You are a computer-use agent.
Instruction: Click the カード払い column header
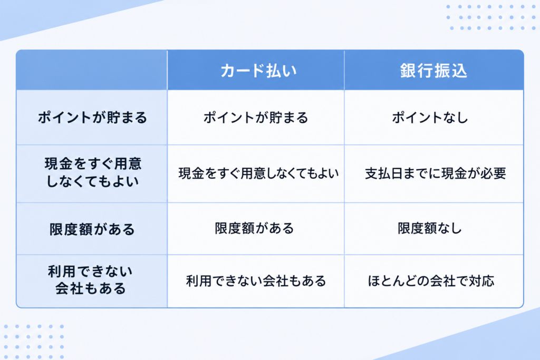click(x=258, y=71)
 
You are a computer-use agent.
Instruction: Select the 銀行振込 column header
click(x=433, y=71)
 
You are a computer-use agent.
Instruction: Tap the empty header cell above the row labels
click(x=92, y=70)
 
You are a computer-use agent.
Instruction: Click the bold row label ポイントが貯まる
click(x=92, y=118)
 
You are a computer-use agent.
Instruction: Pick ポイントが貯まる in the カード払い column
click(x=256, y=118)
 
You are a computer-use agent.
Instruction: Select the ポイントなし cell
click(x=430, y=118)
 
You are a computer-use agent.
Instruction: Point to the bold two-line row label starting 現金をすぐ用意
click(x=93, y=172)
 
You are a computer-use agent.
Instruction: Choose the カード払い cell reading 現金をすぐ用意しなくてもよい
click(x=258, y=173)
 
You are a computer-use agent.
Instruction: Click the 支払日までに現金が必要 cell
click(x=435, y=173)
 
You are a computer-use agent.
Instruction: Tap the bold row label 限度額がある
click(x=92, y=229)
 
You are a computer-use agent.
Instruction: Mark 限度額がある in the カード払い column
click(x=254, y=228)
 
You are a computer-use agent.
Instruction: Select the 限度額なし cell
click(x=429, y=228)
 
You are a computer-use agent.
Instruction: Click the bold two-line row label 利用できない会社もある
click(x=90, y=280)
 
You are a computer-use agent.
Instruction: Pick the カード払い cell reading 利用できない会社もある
click(x=256, y=281)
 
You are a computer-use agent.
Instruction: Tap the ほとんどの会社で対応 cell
click(x=431, y=281)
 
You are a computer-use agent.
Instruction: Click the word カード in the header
click(x=242, y=71)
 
